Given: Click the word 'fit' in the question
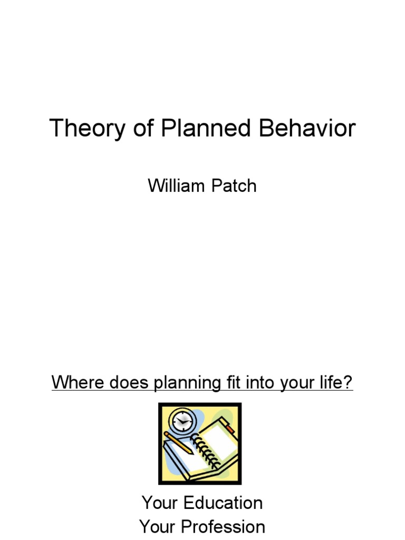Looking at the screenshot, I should [230, 382].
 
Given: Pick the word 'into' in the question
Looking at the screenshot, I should [258, 382].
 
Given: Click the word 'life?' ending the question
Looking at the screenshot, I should [336, 382].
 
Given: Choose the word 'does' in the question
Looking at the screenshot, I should [126, 382].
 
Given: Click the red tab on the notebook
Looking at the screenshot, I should [229, 428].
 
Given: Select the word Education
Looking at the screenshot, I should [223, 503].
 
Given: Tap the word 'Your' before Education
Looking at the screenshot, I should [160, 503].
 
